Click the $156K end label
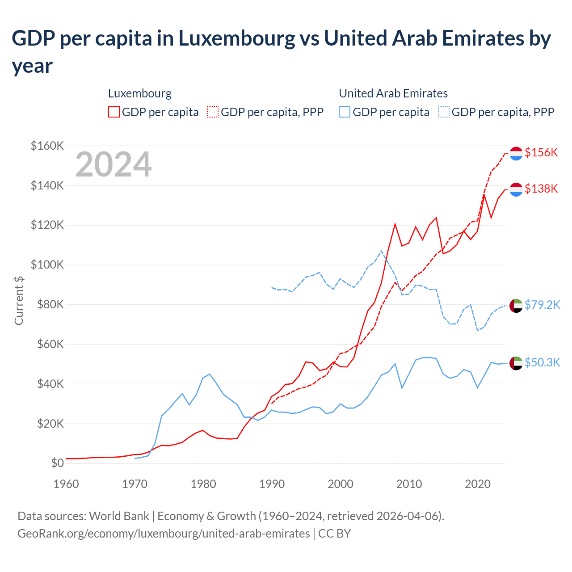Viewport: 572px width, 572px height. [x=541, y=152]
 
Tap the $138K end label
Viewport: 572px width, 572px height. [x=541, y=189]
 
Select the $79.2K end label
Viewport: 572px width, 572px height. [x=542, y=305]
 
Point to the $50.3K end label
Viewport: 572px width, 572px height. [x=542, y=362]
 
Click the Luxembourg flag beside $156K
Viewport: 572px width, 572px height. [x=516, y=153]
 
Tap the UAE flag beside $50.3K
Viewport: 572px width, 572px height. [x=516, y=363]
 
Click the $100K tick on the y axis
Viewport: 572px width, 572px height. [x=47, y=265]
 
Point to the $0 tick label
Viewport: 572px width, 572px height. [x=57, y=463]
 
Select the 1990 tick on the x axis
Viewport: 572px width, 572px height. [x=272, y=484]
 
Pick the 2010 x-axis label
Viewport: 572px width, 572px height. [x=409, y=484]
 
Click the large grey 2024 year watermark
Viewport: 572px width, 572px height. [x=114, y=164]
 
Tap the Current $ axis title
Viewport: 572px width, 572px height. [x=19, y=300]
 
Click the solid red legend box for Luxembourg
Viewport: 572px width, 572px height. [x=114, y=112]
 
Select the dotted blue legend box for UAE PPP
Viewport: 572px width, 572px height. [x=444, y=112]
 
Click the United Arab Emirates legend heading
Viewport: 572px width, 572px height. [x=393, y=93]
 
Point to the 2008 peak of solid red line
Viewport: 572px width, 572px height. [x=395, y=224]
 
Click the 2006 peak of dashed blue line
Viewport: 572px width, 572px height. [x=381, y=251]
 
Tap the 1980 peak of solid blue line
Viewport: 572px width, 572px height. [x=210, y=374]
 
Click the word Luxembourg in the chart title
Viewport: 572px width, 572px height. [x=237, y=38]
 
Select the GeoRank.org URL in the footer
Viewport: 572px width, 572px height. [x=164, y=534]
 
